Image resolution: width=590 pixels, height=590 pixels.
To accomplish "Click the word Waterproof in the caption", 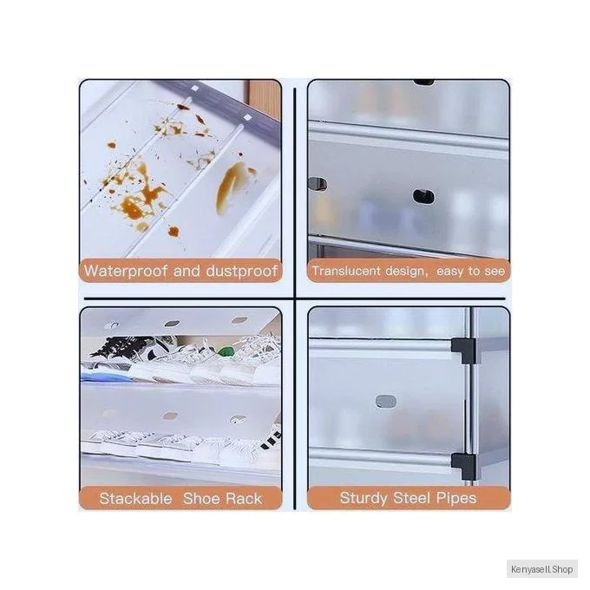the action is click(125, 271).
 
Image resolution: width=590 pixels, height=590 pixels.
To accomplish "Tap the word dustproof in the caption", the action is click(242, 271).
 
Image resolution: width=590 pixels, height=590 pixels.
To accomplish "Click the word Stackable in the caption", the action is click(135, 499).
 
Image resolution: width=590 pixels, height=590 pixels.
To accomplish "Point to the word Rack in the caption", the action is click(244, 499).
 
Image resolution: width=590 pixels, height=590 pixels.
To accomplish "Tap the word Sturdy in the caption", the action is click(364, 498).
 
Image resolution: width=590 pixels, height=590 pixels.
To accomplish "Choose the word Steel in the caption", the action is click(411, 498).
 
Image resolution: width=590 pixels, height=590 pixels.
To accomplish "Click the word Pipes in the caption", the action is click(456, 498).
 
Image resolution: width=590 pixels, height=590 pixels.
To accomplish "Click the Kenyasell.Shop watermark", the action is click(541, 569).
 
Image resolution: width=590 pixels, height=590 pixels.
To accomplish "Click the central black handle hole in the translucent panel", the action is click(423, 197).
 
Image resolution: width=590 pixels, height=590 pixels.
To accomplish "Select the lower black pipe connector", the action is click(463, 466).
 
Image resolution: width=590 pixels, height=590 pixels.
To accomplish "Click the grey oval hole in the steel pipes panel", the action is click(386, 402).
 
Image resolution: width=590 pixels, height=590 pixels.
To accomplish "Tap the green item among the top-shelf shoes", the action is click(226, 351).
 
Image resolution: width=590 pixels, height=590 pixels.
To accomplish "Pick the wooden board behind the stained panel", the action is click(263, 99).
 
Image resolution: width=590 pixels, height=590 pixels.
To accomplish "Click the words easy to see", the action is click(470, 272).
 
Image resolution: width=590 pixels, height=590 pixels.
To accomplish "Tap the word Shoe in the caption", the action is click(202, 499).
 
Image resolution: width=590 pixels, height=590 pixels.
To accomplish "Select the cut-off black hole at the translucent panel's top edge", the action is click(423, 82).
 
